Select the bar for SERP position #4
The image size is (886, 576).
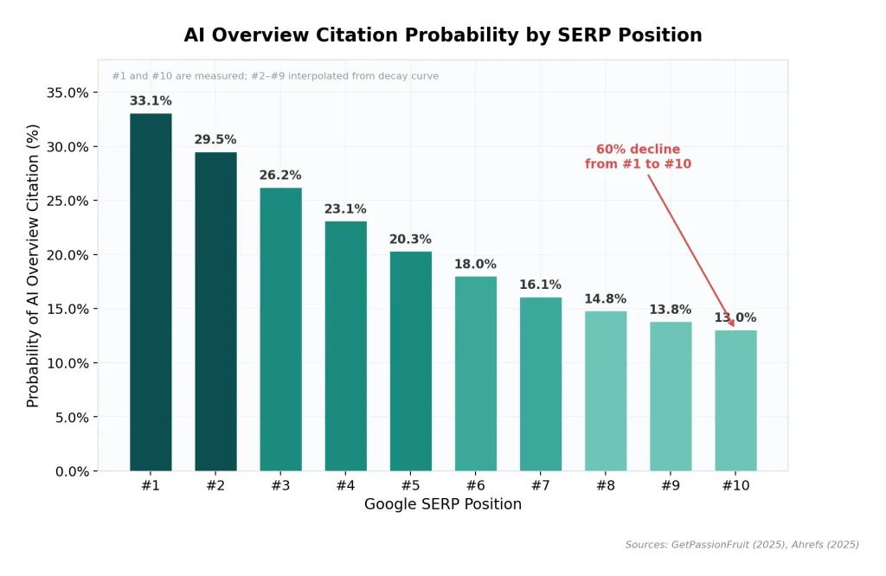[345, 346]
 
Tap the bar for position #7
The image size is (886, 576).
[541, 384]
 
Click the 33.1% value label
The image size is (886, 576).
[151, 101]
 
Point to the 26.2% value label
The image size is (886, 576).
[280, 176]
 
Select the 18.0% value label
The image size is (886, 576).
[475, 265]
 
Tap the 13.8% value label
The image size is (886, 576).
[671, 310]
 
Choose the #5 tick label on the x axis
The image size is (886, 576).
[410, 486]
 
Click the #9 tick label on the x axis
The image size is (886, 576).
[671, 486]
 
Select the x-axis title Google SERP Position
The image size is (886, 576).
[442, 504]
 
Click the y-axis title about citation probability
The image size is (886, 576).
[33, 266]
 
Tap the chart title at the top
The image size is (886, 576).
[442, 35]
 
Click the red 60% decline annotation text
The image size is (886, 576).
[638, 157]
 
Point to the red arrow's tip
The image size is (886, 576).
[734, 326]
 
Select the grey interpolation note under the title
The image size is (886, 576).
[275, 76]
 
